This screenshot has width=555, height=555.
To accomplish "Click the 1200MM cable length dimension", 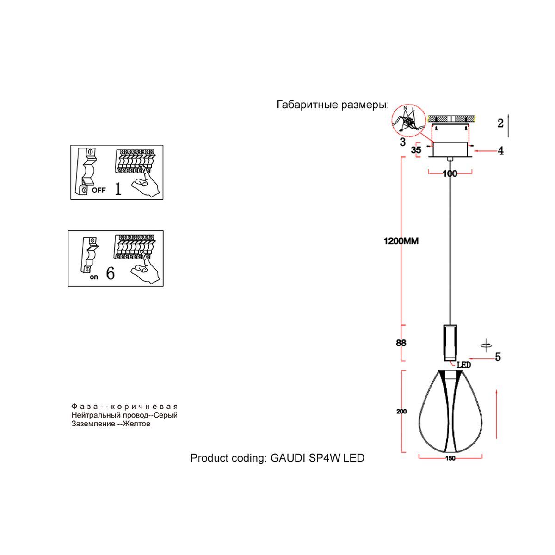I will point(401,241).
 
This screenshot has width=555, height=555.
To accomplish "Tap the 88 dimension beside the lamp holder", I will point(401,343).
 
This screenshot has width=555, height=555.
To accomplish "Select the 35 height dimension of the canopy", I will point(416,150).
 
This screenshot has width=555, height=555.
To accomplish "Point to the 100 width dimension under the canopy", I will point(450,173).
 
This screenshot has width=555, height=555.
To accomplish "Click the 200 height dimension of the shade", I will point(401,412).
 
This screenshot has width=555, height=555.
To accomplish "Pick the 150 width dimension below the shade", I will point(450,458).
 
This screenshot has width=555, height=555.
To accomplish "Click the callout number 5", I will point(498,357).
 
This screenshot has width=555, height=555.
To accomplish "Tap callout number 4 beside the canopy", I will point(500,151).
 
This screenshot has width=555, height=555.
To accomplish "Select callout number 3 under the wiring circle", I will point(403,142).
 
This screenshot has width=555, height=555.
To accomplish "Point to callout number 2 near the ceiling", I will point(500,123).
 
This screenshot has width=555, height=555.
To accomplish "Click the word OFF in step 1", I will point(99,190).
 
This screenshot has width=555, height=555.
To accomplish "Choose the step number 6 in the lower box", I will point(110,273).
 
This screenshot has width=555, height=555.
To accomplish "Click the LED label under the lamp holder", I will point(463,365).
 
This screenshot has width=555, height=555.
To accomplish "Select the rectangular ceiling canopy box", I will point(450,149).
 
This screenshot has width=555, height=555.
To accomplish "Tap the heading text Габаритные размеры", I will point(332,105).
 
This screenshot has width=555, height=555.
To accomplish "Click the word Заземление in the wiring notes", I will point(92,424).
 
